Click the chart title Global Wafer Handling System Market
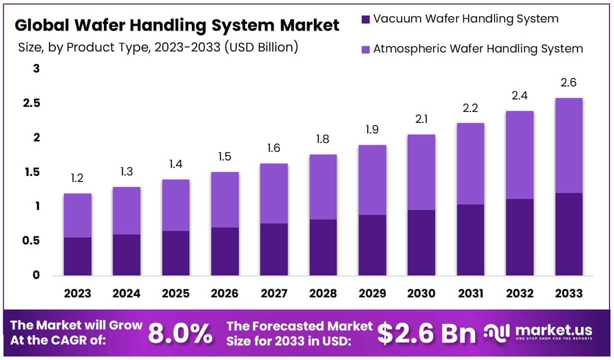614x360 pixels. point(177,25)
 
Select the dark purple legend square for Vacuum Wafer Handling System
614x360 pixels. point(365,19)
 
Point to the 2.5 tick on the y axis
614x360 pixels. point(31,103)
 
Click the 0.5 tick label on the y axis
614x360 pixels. point(31,240)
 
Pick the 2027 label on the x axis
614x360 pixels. point(273,293)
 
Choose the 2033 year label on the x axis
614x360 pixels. point(569,293)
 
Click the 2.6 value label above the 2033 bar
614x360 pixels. point(569,83)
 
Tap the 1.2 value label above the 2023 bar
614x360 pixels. point(77,178)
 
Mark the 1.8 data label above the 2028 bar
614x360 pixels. point(323,139)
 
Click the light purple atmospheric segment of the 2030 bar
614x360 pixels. point(421,172)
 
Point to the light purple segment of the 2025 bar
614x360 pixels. point(175,205)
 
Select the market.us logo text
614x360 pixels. point(553,330)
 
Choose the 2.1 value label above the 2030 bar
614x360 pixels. point(421,119)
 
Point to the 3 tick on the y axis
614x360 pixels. point(36,68)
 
